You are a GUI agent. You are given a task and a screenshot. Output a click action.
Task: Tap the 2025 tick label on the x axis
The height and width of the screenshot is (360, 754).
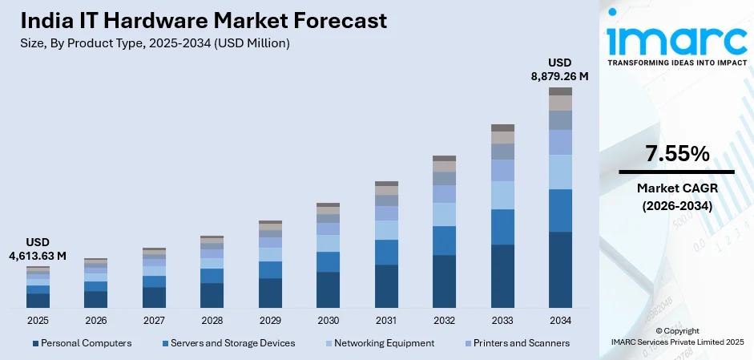click(38, 321)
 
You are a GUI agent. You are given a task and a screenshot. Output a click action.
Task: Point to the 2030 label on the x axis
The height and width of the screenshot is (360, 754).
click(328, 321)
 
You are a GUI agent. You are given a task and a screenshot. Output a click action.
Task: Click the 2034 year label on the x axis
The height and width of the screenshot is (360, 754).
click(560, 321)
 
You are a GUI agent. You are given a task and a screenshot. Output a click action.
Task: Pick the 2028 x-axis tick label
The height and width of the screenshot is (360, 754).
click(212, 321)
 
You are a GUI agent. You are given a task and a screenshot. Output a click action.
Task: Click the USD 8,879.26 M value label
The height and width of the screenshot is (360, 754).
click(560, 69)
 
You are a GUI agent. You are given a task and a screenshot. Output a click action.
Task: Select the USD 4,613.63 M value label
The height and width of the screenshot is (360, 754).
click(38, 249)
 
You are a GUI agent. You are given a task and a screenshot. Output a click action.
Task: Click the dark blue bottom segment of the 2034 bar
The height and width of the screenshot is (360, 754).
click(560, 269)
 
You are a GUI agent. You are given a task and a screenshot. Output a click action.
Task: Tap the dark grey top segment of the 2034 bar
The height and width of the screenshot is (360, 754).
click(560, 91)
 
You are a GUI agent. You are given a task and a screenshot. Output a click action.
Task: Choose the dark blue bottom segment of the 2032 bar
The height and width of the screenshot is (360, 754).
click(444, 281)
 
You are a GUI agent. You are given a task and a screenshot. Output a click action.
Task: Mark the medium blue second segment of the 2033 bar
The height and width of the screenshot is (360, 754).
click(502, 227)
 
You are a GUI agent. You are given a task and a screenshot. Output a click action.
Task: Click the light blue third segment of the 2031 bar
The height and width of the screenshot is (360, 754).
click(386, 230)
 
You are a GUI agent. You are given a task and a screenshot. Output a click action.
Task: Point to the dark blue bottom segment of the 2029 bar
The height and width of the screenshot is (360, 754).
click(270, 293)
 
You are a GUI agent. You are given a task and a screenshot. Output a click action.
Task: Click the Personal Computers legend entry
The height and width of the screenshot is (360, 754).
click(82, 343)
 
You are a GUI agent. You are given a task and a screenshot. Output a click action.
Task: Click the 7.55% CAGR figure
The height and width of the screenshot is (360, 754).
click(676, 154)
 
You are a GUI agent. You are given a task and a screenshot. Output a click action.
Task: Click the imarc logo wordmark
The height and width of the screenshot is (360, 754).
click(675, 37)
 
